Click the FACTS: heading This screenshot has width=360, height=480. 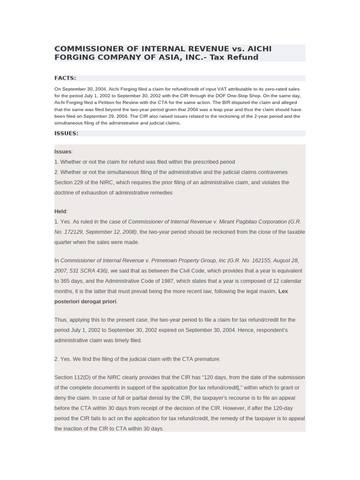coord(65,78)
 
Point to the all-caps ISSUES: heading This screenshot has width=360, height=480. coord(67,133)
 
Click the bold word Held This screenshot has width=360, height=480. coord(60,211)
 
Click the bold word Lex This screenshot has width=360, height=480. coord(283,292)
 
